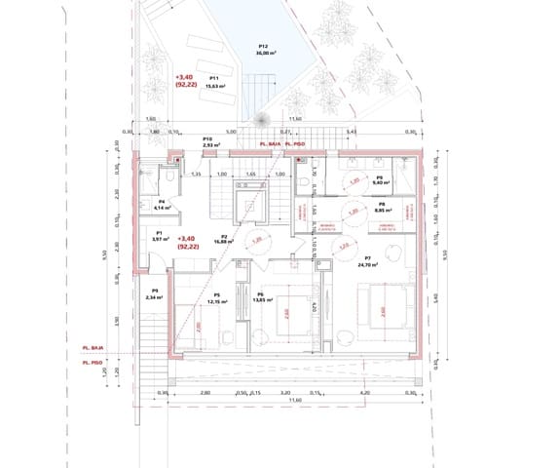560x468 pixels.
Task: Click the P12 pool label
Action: [x=263, y=46]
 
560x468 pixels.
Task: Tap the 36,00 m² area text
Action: [x=263, y=54]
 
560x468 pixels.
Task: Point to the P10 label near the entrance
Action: [x=207, y=139]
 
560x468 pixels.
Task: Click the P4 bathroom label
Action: [x=161, y=201]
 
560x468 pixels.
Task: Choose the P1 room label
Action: [x=159, y=232]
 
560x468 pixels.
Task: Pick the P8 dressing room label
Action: [x=382, y=205]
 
